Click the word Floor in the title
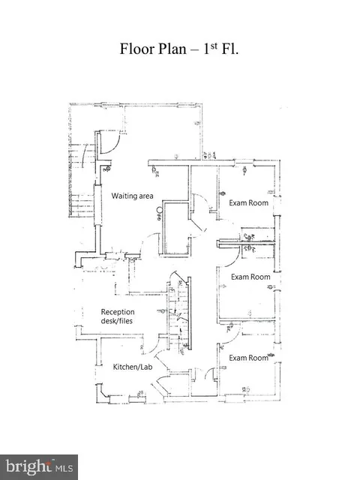pos(136,49)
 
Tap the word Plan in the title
pos(172,49)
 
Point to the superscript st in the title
pos(214,46)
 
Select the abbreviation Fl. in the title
pos(229,49)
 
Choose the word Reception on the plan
pos(118,312)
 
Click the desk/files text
pos(117,321)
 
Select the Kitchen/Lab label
pos(133,367)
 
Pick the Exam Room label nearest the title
pos(248,203)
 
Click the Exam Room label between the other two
pos(250,277)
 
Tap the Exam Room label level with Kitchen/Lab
pos(248,358)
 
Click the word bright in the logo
pos(28,466)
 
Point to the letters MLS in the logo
pos(64,468)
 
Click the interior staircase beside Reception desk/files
pos(179,315)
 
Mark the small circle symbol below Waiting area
pos(160,210)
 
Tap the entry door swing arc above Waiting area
pos(113,146)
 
